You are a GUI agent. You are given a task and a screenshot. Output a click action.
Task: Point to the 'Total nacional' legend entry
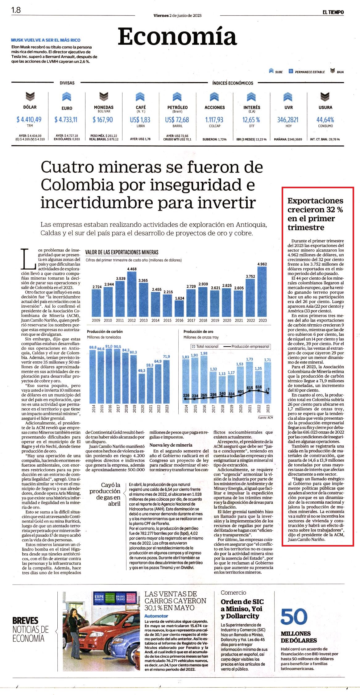pyautogui.click(x=205, y=346)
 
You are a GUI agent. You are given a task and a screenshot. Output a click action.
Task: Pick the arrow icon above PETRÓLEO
pyautogui.click(x=177, y=97)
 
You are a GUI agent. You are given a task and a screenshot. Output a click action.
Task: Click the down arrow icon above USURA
pyautogui.click(x=325, y=97)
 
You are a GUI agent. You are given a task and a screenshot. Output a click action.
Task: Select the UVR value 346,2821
pyautogui.click(x=288, y=119)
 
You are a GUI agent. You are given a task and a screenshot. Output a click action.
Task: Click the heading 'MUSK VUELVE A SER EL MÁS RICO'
pyautogui.click(x=46, y=40)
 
